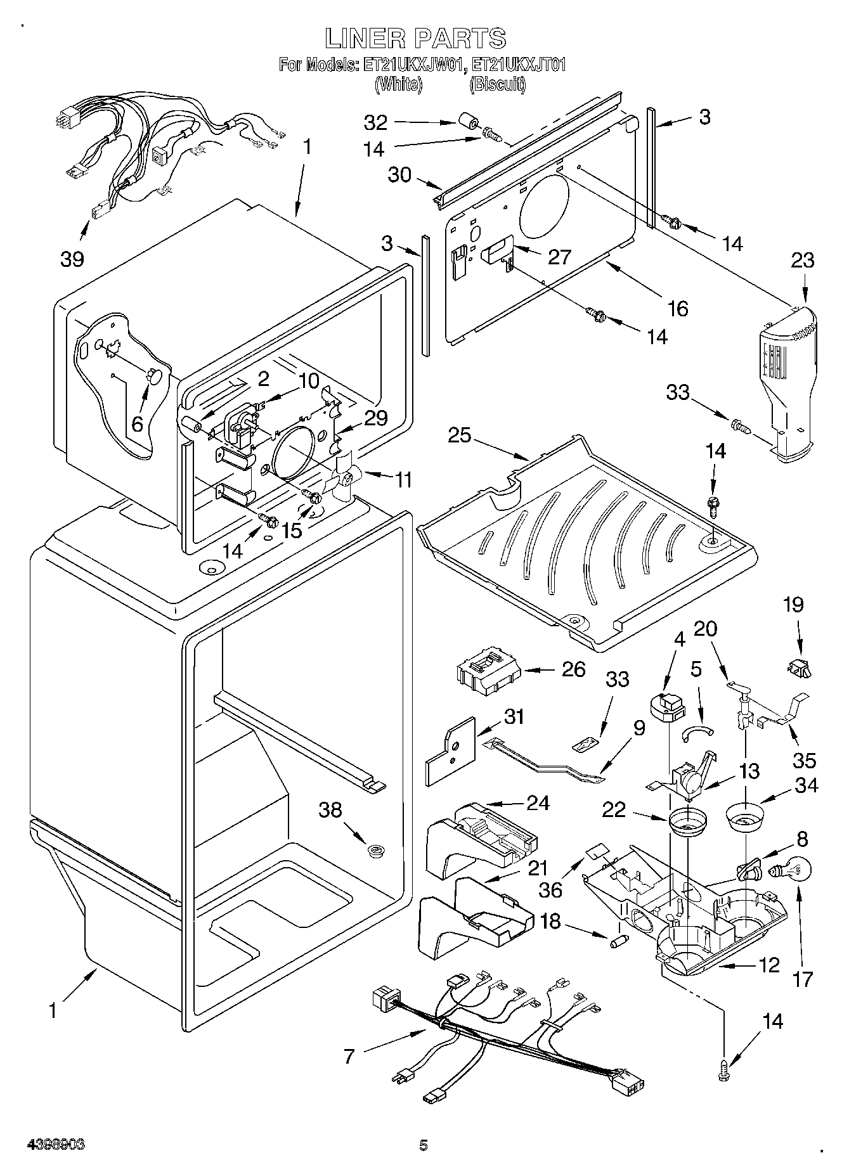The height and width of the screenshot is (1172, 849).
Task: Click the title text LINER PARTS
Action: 415,39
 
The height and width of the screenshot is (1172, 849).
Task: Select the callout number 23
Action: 802,261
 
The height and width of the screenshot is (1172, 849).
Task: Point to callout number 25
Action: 461,435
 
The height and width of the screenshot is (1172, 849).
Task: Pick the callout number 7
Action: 349,1056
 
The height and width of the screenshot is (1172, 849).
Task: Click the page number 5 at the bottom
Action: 424,1145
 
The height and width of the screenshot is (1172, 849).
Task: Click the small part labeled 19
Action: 799,667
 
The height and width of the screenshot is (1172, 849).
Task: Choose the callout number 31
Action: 514,717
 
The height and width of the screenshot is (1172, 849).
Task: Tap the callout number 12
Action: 768,965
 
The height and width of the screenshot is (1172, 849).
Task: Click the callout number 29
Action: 375,418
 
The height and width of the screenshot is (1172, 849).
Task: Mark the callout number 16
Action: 677,308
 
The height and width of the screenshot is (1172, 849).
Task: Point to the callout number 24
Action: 538,802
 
